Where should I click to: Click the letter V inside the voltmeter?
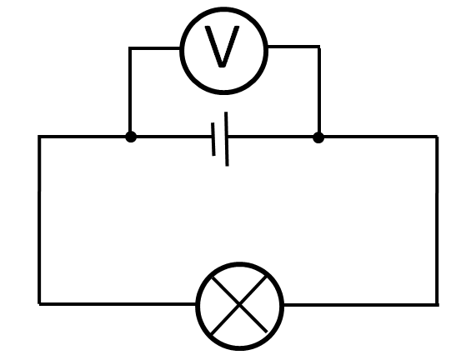pyautogui.click(x=222, y=47)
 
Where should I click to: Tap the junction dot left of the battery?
pyautogui.click(x=131, y=137)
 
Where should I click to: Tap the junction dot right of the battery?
pyautogui.click(x=318, y=137)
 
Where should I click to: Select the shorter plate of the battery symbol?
pyautogui.click(x=213, y=139)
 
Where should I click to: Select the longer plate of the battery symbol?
pyautogui.click(x=227, y=139)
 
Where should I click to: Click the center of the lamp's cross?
pyautogui.click(x=239, y=305)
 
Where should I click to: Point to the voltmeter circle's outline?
pyautogui.click(x=223, y=7)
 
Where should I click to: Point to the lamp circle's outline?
pyautogui.click(x=240, y=262)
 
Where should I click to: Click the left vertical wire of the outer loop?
pyautogui.click(x=39, y=220)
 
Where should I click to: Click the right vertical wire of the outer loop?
pyautogui.click(x=437, y=221)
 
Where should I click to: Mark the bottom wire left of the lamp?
pyautogui.click(x=118, y=304)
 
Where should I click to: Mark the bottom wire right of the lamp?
pyautogui.click(x=361, y=305)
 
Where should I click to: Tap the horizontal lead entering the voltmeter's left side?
pyautogui.click(x=154, y=48)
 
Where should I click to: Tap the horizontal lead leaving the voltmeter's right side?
pyautogui.click(x=293, y=47)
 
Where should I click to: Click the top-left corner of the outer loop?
pyautogui.click(x=39, y=137)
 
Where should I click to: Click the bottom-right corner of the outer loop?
pyautogui.click(x=437, y=305)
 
